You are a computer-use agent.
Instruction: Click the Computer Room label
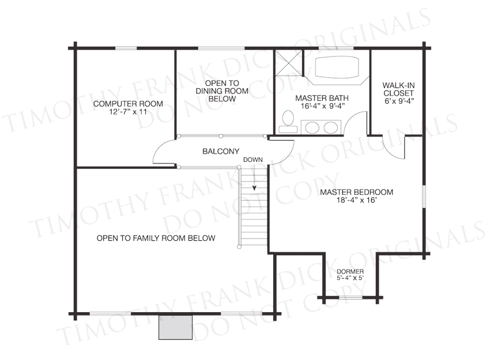128,104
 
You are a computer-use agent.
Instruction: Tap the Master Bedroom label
357,192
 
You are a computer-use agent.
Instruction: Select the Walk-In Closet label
398,89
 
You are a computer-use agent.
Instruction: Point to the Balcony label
221,151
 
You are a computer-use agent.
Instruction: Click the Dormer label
350,272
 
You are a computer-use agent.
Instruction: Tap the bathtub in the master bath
337,67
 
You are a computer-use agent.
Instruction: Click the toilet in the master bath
288,122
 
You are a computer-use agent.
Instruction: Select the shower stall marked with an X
288,62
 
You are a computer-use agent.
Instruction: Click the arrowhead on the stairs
254,188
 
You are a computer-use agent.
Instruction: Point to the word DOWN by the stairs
253,160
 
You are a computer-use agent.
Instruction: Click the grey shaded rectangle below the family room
175,327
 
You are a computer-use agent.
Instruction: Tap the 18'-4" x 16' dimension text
356,200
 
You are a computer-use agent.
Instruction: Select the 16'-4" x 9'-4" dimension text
322,106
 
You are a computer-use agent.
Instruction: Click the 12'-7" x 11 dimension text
128,112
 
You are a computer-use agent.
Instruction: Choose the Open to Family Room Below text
156,238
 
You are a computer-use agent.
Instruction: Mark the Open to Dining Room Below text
222,91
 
